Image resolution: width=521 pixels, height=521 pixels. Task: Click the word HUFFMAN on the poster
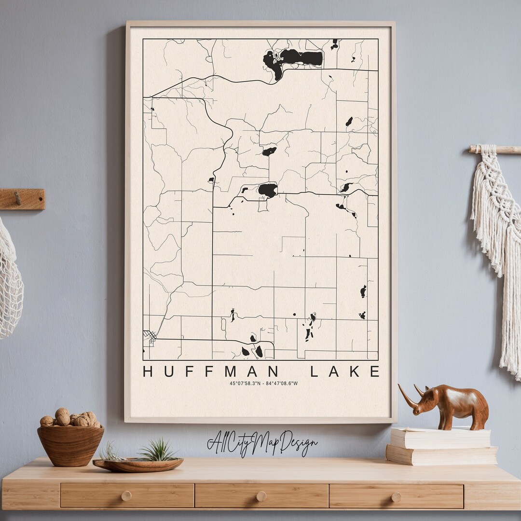click(211, 371)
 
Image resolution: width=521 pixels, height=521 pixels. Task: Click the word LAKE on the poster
click(344, 371)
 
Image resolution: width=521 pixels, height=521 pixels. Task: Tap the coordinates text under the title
click(263, 384)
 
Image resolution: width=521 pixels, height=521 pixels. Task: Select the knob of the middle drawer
click(261, 496)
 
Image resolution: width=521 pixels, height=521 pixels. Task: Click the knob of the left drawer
click(126, 496)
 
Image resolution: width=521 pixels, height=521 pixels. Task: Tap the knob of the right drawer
click(396, 496)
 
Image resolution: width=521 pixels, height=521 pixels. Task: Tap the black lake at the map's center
click(268, 190)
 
